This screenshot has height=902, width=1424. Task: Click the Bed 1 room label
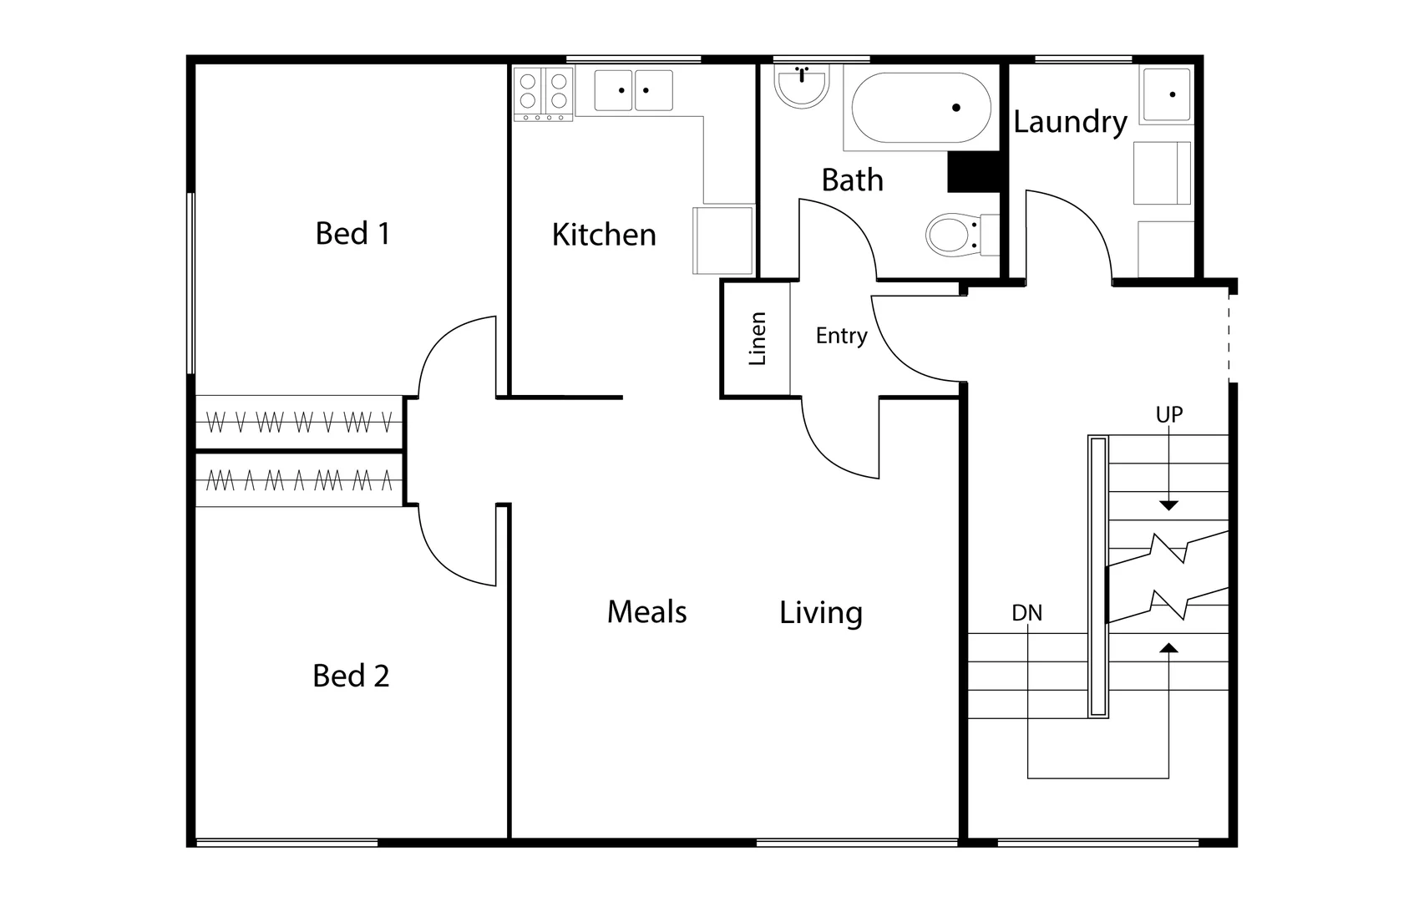click(x=352, y=234)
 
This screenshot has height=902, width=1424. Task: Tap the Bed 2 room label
click(x=351, y=676)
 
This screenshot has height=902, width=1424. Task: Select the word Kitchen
click(x=603, y=236)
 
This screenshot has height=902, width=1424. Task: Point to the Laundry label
click(x=1070, y=123)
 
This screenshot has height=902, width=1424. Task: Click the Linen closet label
click(x=757, y=338)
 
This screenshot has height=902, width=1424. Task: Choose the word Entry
click(x=841, y=336)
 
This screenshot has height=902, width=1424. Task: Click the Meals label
click(x=646, y=612)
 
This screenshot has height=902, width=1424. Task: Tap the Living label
click(x=820, y=613)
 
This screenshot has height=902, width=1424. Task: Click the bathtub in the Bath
click(x=920, y=109)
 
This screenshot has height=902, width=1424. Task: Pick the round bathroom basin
click(x=801, y=87)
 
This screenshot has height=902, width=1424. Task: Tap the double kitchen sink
click(x=633, y=90)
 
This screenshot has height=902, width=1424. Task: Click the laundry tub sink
click(x=1166, y=95)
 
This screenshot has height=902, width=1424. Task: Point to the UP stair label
click(x=1168, y=414)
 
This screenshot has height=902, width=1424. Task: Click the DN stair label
click(x=1026, y=613)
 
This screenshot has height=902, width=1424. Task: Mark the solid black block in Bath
click(x=973, y=172)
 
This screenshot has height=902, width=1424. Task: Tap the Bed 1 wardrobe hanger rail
click(x=298, y=423)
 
